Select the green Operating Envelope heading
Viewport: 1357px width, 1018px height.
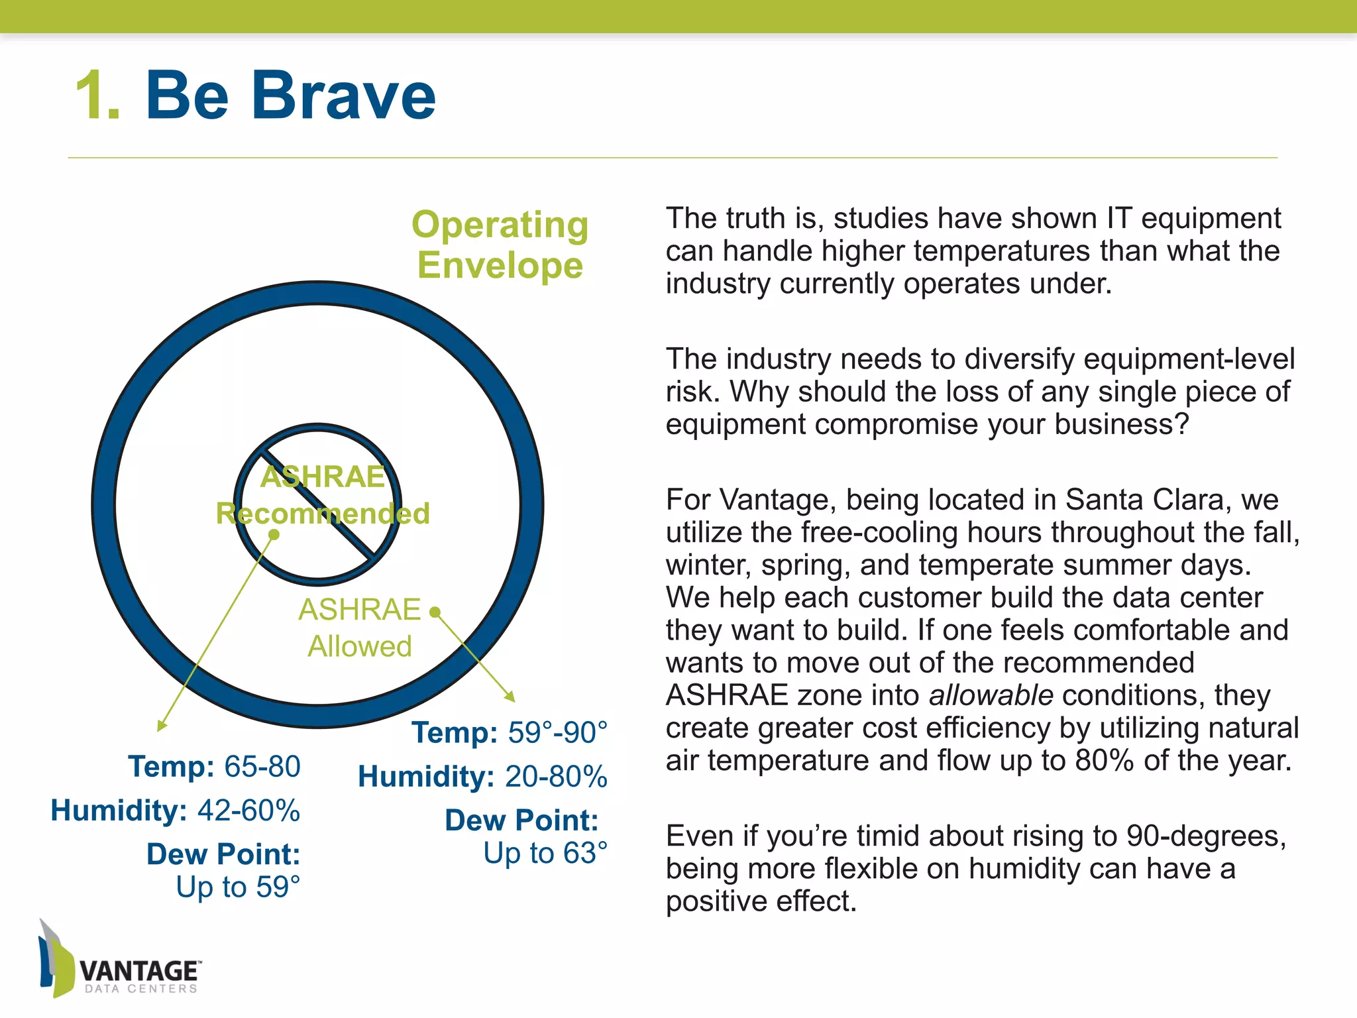pyautogui.click(x=500, y=245)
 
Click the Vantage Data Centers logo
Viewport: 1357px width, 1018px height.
pyautogui.click(x=119, y=961)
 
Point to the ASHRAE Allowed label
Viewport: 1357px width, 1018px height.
pyautogui.click(x=359, y=628)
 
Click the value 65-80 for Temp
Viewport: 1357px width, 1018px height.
pyautogui.click(x=262, y=767)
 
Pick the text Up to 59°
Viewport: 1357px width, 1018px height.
pyautogui.click(x=238, y=887)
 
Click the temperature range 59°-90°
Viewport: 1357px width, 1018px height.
pyautogui.click(x=557, y=733)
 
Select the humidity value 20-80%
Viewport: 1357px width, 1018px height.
pyautogui.click(x=556, y=777)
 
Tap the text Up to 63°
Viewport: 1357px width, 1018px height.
pyautogui.click(x=545, y=854)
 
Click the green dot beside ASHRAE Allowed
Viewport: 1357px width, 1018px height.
pyautogui.click(x=435, y=612)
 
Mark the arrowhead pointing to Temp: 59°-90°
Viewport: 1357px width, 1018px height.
pyautogui.click(x=510, y=697)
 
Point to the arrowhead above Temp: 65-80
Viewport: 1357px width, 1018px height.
pyautogui.click(x=161, y=726)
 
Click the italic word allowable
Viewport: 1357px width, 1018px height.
pyautogui.click(x=991, y=695)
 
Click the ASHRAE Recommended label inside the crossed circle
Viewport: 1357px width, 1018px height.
pyautogui.click(x=323, y=496)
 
